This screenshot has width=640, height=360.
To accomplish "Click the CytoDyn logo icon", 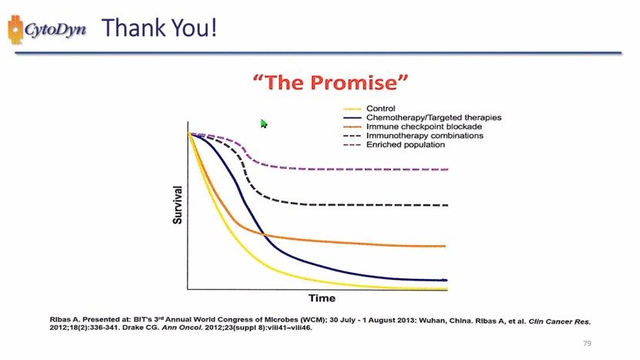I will click(16, 29).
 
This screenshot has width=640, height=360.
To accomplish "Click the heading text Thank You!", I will click(159, 29).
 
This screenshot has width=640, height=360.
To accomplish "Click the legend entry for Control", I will click(381, 108).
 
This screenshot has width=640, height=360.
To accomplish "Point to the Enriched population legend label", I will click(405, 145).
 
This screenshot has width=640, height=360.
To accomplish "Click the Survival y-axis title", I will click(177, 204).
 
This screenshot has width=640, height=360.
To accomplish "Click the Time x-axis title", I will click(322, 298).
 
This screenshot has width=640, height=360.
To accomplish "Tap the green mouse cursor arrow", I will click(264, 123).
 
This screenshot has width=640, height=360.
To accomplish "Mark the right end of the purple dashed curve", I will click(447, 169).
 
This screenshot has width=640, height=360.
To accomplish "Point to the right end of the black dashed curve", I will click(447, 205).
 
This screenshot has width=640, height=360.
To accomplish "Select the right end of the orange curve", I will click(446, 246).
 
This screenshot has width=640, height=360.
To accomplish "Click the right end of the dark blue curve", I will click(445, 280).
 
